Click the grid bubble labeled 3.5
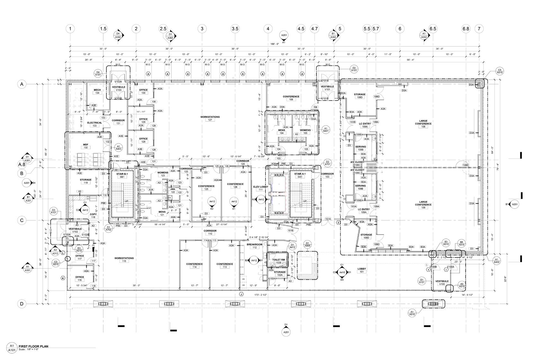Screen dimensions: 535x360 235,29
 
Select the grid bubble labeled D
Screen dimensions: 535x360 22,304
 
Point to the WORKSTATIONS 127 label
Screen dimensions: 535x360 210,117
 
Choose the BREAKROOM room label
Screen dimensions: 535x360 254,244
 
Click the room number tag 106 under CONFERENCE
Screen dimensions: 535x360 291,100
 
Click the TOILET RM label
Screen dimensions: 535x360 279,259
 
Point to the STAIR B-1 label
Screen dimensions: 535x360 122,174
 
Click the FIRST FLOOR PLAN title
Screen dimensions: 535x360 33,346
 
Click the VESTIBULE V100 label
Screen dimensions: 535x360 442,281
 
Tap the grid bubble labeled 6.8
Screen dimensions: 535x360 466,29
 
